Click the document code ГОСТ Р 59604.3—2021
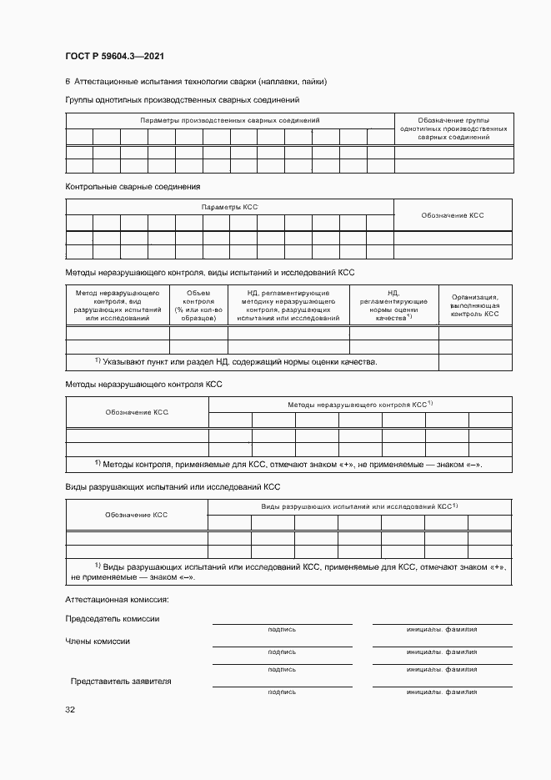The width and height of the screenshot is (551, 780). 114,57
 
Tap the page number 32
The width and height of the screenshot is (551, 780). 70,709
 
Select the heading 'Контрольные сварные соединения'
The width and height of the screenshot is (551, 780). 133,187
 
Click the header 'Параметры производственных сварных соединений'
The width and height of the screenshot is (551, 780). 229,121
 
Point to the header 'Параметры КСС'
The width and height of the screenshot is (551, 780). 229,207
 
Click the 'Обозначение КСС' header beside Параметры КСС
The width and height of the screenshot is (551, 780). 453,215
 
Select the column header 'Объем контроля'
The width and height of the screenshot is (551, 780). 198,305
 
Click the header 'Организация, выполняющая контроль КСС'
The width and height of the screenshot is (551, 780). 475,305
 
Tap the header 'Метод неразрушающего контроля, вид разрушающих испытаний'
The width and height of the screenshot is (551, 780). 118,305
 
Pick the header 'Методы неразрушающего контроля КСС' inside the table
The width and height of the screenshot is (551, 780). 360,404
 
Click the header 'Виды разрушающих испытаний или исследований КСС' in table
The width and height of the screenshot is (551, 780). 360,506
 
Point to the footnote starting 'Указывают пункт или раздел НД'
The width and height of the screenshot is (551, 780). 236,361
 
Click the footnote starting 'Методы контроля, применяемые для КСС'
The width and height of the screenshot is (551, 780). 288,464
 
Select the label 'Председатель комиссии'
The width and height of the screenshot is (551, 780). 113,618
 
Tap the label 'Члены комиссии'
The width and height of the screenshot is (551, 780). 98,641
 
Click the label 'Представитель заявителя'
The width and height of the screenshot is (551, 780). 121,681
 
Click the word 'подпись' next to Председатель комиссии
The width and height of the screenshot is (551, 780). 282,629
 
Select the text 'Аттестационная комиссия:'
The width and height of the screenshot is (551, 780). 117,599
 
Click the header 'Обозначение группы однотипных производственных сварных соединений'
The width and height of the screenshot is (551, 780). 453,128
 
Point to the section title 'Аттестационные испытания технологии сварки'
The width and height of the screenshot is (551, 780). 200,82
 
